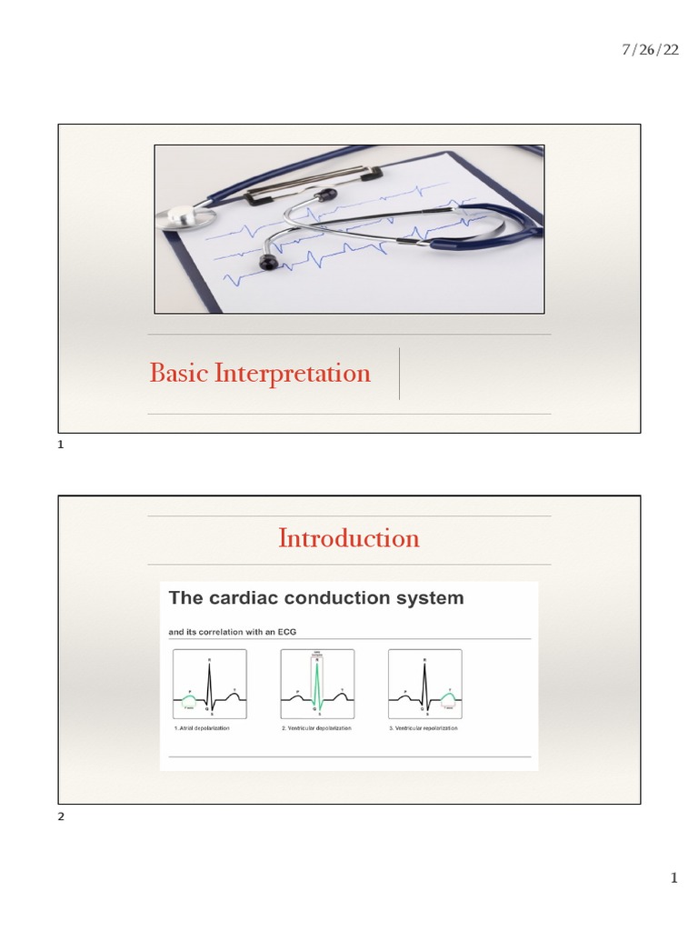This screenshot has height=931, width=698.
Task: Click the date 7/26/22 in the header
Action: [x=650, y=50]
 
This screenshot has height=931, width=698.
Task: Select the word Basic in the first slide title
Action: [x=178, y=373]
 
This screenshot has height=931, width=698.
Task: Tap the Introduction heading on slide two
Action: [x=349, y=538]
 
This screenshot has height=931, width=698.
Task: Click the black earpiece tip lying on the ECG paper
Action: [x=268, y=263]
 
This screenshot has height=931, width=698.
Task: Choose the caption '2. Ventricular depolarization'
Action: [x=316, y=729]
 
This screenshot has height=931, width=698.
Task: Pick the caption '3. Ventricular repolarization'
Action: [x=423, y=729]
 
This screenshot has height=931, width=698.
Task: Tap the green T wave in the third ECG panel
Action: [x=448, y=699]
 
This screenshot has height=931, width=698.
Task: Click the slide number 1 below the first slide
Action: [x=60, y=445]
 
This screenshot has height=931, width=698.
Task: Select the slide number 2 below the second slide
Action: [x=61, y=817]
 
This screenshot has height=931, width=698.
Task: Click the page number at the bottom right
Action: [x=673, y=877]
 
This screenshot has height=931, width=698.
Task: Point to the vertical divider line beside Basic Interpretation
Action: [x=400, y=373]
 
